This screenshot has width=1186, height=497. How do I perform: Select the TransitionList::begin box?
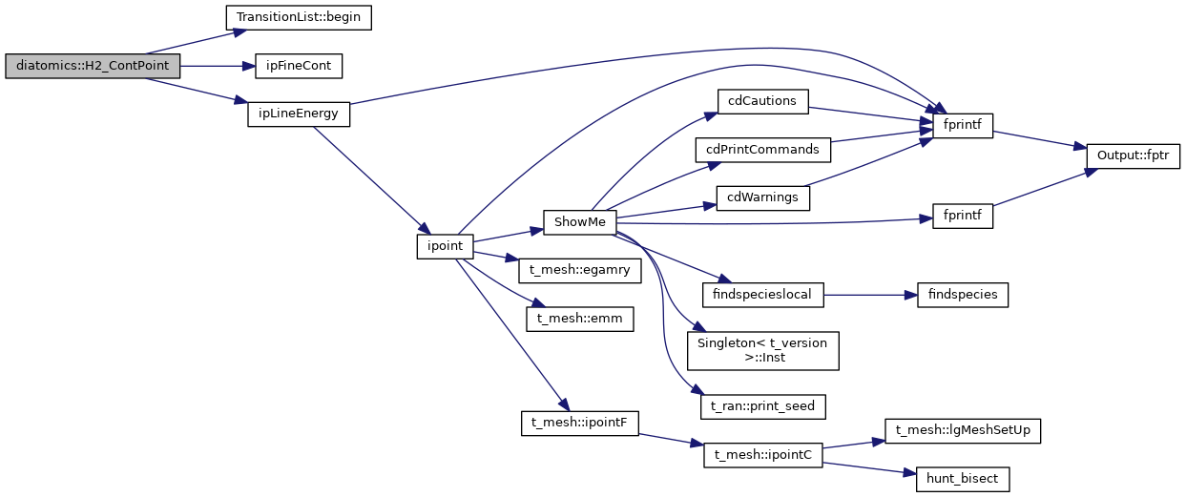coord(298,17)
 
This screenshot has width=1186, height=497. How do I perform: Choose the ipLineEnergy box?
coord(299,114)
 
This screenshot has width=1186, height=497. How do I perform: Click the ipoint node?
coord(445,245)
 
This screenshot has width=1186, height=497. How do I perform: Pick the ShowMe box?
coord(579,221)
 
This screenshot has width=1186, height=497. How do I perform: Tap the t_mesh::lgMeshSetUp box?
coord(962,430)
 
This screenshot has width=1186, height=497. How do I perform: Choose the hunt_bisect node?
coord(962,479)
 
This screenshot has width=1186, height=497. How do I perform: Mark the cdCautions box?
coord(763,101)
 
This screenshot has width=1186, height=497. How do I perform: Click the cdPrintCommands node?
coord(763,149)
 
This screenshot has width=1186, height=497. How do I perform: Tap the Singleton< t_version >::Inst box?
coord(763,351)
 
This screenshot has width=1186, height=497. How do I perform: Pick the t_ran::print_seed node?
coord(763,406)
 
